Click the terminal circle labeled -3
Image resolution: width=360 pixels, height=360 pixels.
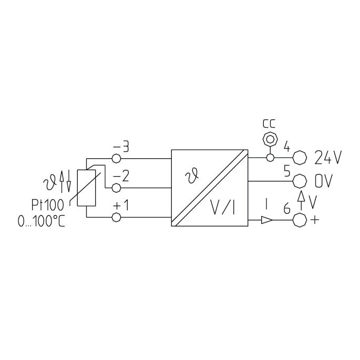pyautogui.click(x=116, y=158)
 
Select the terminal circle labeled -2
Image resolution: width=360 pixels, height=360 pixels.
pyautogui.click(x=116, y=188)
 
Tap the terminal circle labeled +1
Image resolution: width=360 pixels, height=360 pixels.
pyautogui.click(x=116, y=217)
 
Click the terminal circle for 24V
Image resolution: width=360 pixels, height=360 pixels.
pyautogui.click(x=300, y=158)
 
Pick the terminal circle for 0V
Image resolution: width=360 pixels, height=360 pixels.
pyautogui.click(x=300, y=181)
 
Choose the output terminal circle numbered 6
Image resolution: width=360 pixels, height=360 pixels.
pyautogui.click(x=300, y=220)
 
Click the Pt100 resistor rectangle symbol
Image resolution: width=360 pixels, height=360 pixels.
pyautogui.click(x=86, y=188)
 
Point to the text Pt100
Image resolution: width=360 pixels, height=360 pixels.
pyautogui.click(x=47, y=205)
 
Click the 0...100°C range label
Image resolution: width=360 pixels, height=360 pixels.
pyautogui.click(x=42, y=222)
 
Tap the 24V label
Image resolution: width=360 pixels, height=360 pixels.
pyautogui.click(x=328, y=158)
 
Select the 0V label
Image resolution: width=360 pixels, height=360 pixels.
pyautogui.click(x=323, y=181)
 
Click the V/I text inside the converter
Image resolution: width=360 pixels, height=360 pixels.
pyautogui.click(x=223, y=207)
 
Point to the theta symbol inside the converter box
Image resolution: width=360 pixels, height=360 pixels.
pyautogui.click(x=192, y=175)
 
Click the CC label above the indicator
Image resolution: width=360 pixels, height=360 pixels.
pyautogui.click(x=269, y=124)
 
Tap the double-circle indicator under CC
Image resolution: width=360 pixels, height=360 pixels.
pyautogui.click(x=270, y=139)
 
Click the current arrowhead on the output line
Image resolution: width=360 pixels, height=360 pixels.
pyautogui.click(x=267, y=220)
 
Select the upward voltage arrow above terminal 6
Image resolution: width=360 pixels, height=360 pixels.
pyautogui.click(x=301, y=200)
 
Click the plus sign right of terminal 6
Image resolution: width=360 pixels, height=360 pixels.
pyautogui.click(x=315, y=220)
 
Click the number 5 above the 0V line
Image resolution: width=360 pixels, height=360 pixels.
pyautogui.click(x=287, y=171)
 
